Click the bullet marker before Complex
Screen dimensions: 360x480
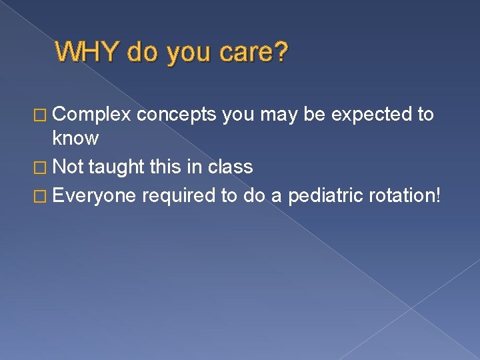click(x=43, y=115)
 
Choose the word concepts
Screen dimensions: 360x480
click(x=177, y=115)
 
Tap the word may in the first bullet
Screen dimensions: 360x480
click(x=278, y=115)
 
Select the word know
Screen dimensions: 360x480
click(x=75, y=139)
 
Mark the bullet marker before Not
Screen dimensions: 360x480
click(x=43, y=167)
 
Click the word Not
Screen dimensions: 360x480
click(x=68, y=167)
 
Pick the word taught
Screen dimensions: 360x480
click(x=115, y=167)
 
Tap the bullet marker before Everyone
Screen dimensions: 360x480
click(x=43, y=197)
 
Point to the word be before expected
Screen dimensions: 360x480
click(x=314, y=115)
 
